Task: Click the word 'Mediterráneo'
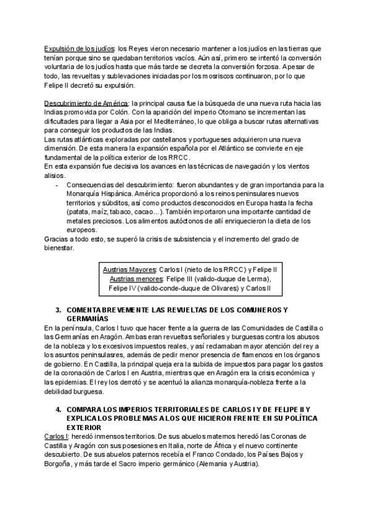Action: [x=175, y=121]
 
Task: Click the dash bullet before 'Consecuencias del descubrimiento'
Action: [x=57, y=185]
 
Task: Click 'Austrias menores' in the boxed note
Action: [x=134, y=279]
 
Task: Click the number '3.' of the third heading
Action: [x=59, y=309]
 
